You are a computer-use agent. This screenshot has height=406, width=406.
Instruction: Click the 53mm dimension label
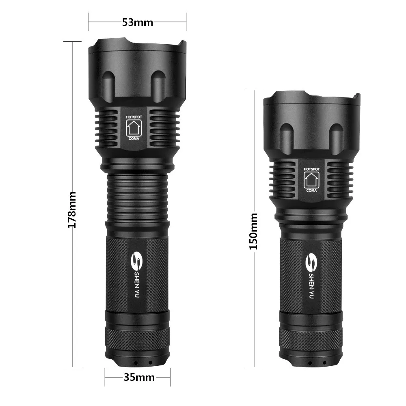(138, 23)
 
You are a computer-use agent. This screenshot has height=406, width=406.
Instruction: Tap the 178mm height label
(72, 210)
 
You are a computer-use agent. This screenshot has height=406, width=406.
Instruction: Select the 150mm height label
(254, 231)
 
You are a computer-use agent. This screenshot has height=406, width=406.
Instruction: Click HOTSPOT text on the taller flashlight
(133, 116)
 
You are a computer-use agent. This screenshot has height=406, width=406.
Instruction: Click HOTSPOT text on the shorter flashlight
(312, 169)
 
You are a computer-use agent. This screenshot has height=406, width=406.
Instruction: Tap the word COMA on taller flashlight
(133, 138)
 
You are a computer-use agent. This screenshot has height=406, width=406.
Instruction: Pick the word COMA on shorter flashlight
(311, 190)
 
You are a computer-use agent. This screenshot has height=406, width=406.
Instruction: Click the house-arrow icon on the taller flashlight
(133, 127)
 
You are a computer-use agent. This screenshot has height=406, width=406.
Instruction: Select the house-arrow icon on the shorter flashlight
(312, 179)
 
